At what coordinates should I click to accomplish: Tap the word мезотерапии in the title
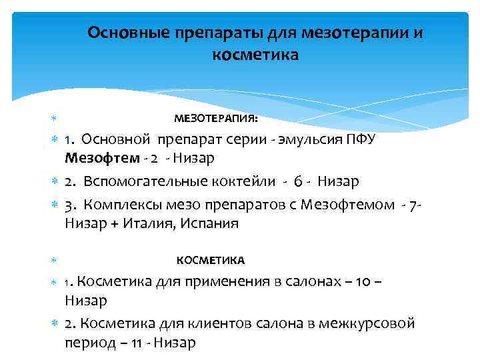pyautogui.click(x=359, y=32)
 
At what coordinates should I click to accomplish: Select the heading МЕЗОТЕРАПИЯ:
pyautogui.click(x=216, y=119)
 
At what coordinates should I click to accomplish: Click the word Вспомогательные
pyautogui.click(x=146, y=181)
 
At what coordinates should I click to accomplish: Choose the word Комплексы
pyautogui.click(x=127, y=205)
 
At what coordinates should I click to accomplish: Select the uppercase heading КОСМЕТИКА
pyautogui.click(x=210, y=260)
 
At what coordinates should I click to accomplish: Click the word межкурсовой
pyautogui.click(x=366, y=323)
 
